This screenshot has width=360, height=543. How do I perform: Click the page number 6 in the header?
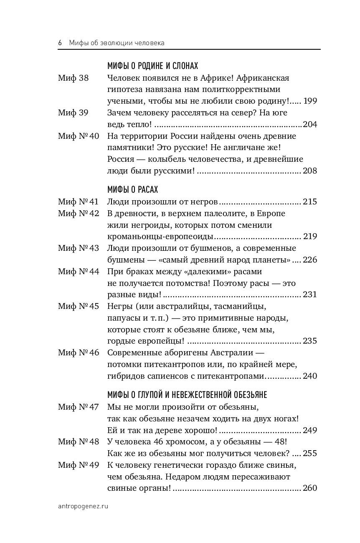tap(60, 43)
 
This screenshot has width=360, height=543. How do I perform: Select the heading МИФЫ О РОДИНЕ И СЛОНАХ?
tap(152, 66)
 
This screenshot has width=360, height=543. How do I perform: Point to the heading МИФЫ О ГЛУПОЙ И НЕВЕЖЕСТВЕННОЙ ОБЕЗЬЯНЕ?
tap(187, 394)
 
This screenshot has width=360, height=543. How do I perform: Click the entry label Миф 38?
tap(74, 78)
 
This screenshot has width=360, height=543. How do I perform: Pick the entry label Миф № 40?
tap(79, 136)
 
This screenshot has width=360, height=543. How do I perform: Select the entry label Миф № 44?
tap(79, 271)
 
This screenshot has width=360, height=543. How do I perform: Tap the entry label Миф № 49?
tap(79, 465)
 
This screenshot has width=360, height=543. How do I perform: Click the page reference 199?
tap(310, 101)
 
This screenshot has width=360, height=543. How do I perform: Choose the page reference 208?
tap(310, 171)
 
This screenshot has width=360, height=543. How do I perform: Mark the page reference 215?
tap(310, 202)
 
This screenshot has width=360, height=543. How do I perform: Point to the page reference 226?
tap(310, 260)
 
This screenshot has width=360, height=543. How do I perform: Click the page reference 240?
tap(310, 376)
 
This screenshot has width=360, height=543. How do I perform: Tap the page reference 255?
tap(310, 454)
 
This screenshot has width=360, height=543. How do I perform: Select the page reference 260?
tap(310, 488)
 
